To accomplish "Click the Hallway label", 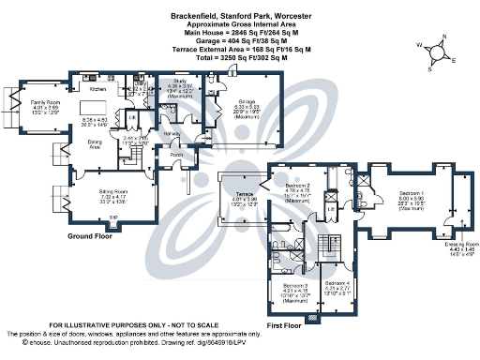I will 172,134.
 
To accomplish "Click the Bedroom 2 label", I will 298,187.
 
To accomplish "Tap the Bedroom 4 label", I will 337,282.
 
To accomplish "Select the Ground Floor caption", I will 92,237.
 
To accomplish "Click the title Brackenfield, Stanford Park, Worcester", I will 239,17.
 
